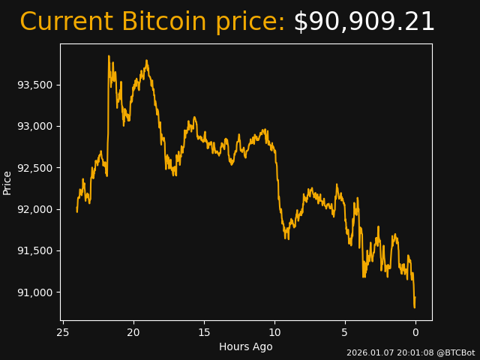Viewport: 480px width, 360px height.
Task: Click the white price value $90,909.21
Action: (364, 22)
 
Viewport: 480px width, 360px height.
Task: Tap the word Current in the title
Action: (66, 22)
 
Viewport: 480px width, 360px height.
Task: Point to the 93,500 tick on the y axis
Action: (35, 85)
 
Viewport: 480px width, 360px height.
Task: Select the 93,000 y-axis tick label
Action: (35, 126)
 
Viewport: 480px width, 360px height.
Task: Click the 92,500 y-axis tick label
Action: (35, 167)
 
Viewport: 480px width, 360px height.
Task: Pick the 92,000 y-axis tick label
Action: (35, 209)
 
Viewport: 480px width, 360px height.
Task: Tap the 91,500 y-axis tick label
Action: (35, 250)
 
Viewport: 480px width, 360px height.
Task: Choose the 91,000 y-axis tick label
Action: (35, 292)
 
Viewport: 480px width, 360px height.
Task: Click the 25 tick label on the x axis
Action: (63, 332)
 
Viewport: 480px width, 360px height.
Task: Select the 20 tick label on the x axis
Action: (133, 332)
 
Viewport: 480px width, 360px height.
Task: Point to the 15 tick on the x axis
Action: (204, 332)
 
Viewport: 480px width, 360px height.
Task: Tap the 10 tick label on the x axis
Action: (274, 332)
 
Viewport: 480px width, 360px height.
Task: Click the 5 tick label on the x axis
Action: (345, 332)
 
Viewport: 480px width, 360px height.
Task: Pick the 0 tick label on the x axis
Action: (415, 332)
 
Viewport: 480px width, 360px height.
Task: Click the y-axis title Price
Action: (7, 182)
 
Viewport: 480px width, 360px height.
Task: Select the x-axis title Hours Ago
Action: (246, 346)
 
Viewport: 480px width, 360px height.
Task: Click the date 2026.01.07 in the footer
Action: (369, 352)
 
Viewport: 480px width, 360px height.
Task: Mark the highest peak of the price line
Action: (109, 55)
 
